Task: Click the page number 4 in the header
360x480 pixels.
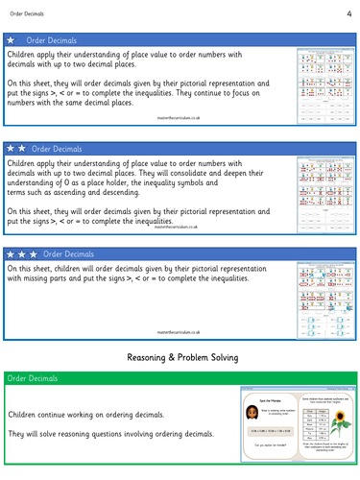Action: pos(349,13)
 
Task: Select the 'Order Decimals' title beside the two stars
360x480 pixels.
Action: pos(61,149)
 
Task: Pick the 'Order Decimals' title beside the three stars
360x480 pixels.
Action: pos(70,254)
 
